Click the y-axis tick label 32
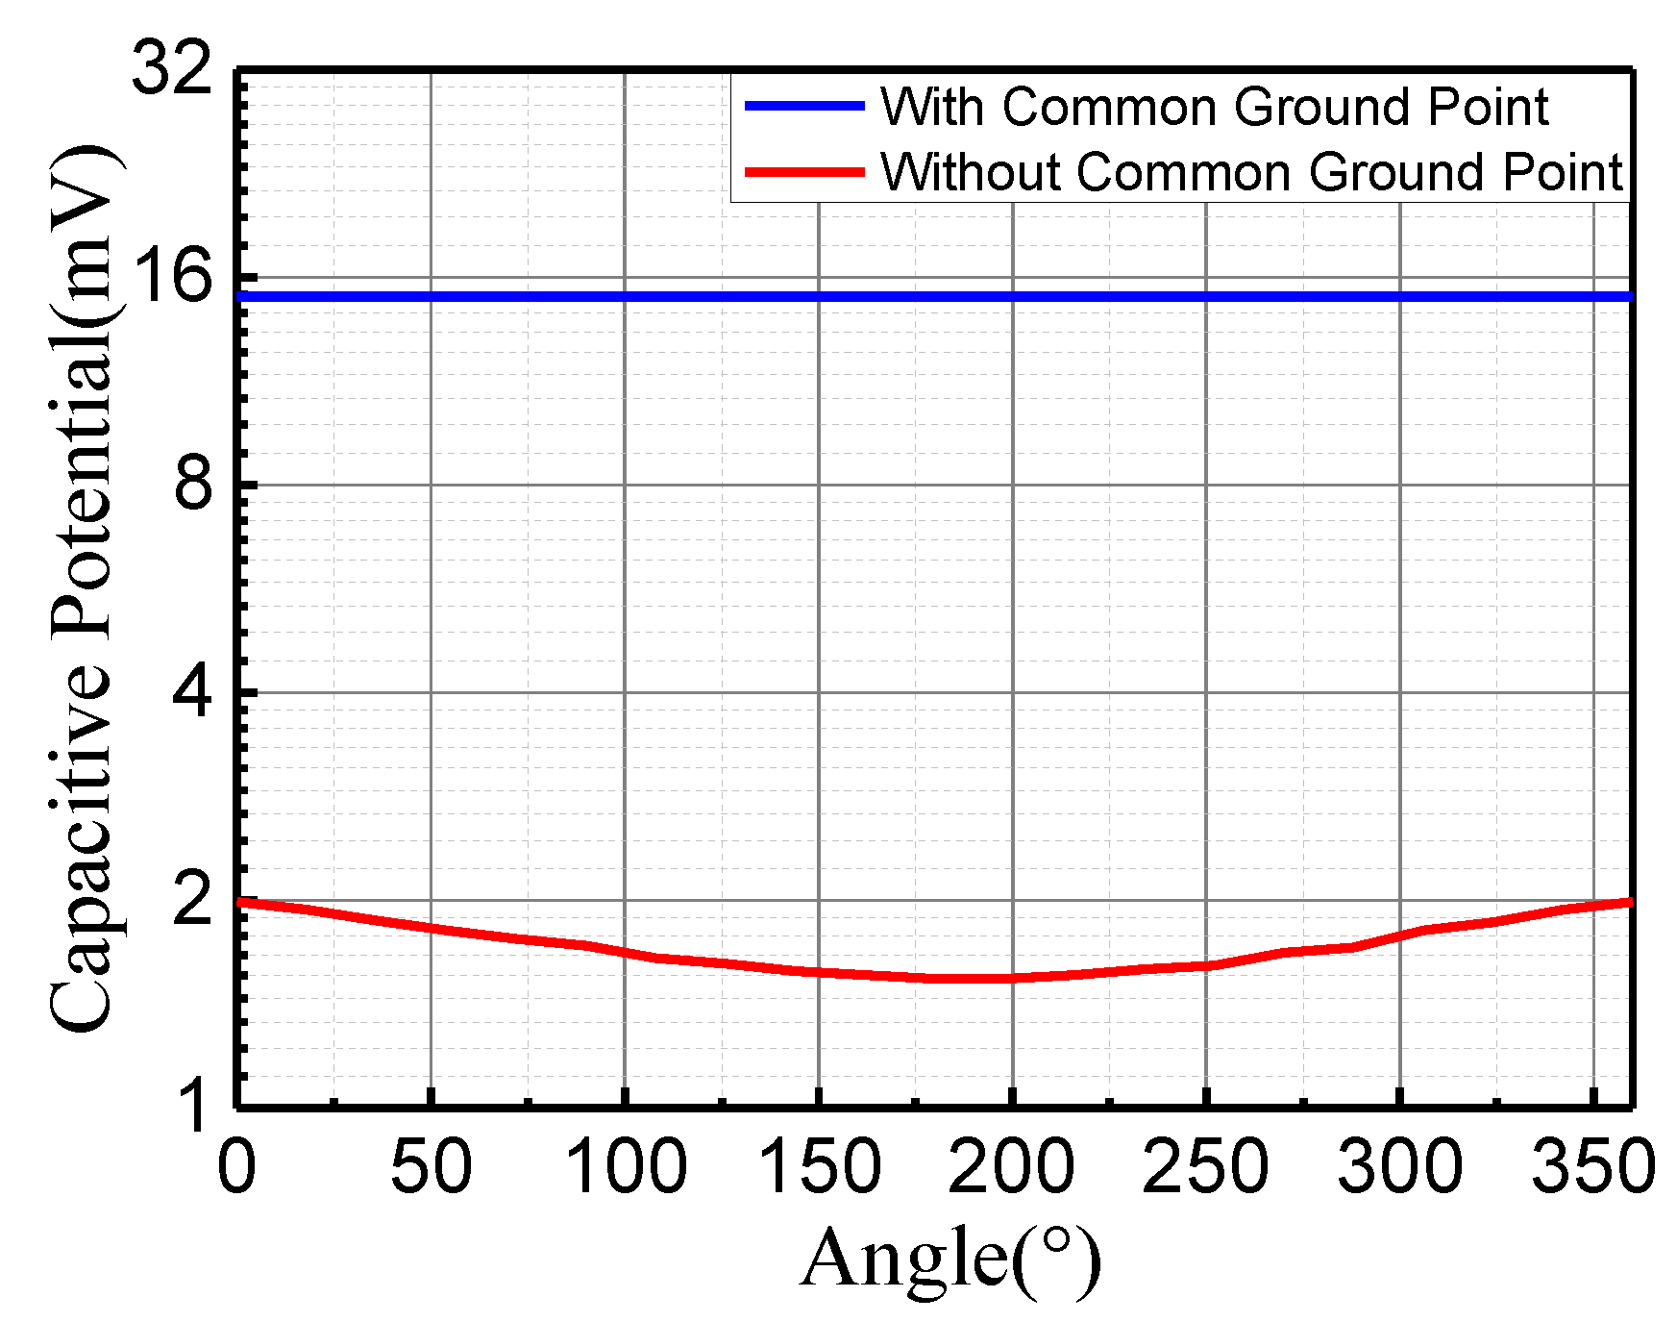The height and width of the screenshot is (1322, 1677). tap(171, 69)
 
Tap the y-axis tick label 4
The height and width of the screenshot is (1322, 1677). tap(192, 693)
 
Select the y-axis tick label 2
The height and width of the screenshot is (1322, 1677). tap(192, 901)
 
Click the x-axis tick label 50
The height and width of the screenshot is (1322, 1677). tap(431, 1167)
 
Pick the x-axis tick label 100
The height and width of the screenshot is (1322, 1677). tap(625, 1167)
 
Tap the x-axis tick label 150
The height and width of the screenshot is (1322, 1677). tap(819, 1167)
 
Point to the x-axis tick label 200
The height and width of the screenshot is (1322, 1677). tap(1012, 1167)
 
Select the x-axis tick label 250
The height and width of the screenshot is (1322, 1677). tap(1206, 1167)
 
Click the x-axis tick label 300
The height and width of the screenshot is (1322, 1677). tap(1399, 1167)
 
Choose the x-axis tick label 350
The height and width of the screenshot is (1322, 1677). tap(1592, 1167)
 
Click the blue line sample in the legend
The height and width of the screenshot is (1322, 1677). tap(804, 106)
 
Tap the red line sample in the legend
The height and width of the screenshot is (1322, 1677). tap(804, 172)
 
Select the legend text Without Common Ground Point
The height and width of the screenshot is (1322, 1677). tap(1251, 173)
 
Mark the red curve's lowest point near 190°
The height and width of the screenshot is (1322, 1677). tap(971, 979)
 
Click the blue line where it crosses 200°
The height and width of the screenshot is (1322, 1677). tap(1012, 296)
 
